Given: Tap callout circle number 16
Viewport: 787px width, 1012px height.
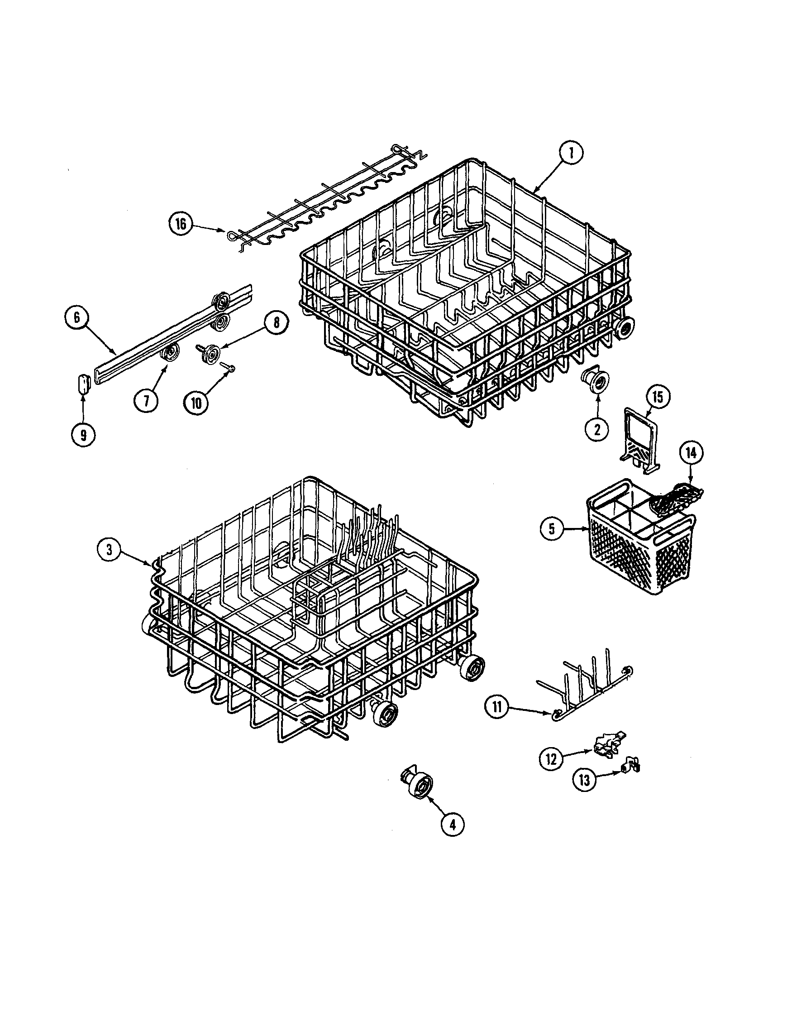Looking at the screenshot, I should (x=181, y=224).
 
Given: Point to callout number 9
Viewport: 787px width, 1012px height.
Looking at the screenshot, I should (x=83, y=435).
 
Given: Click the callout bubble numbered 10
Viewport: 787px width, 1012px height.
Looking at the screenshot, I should (x=196, y=402).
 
